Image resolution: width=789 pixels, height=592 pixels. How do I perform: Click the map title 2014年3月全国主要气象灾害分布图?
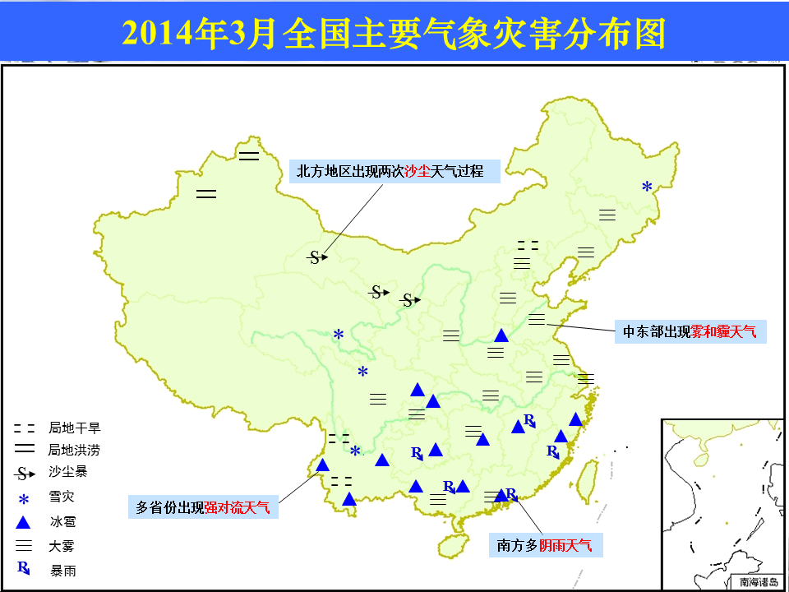click(394, 34)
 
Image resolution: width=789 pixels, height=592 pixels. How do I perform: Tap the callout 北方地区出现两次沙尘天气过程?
click(394, 172)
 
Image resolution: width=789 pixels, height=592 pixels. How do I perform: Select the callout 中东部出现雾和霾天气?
click(690, 331)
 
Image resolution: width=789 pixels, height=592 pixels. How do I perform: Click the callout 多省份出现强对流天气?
click(203, 507)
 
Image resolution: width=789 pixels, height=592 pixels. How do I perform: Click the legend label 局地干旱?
click(75, 428)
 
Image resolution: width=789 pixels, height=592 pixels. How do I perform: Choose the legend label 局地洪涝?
click(75, 450)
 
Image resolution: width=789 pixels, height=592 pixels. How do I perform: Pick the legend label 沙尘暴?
click(68, 472)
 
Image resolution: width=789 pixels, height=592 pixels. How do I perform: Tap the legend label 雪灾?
click(62, 497)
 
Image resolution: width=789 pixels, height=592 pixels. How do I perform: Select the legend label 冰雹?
click(62, 521)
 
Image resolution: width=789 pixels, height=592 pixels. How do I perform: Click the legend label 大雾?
click(62, 546)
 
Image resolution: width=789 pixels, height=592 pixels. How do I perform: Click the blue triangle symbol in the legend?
click(23, 523)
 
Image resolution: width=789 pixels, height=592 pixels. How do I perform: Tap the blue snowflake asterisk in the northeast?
click(647, 187)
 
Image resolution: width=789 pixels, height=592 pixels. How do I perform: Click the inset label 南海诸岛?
click(759, 582)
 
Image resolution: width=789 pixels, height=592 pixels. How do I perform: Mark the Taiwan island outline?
click(586, 482)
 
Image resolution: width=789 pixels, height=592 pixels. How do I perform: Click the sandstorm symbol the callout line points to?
click(317, 257)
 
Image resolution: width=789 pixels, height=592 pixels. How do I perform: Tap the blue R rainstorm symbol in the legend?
click(24, 568)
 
